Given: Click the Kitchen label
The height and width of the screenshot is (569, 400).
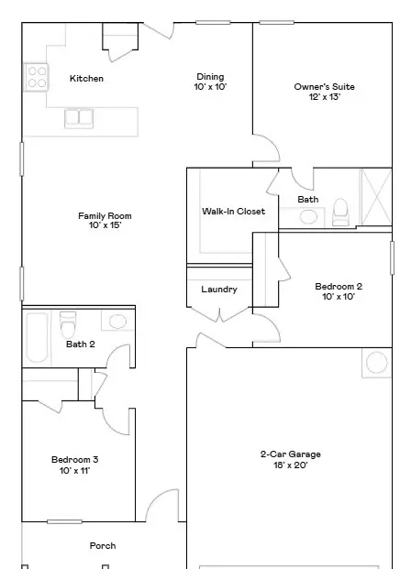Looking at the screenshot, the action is point(86,79).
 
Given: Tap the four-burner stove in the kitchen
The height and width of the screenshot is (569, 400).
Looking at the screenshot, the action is point(36,77).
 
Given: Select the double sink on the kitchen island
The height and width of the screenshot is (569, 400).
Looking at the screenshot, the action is point(79,119).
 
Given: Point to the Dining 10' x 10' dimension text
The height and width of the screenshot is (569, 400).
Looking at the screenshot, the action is point(210,87).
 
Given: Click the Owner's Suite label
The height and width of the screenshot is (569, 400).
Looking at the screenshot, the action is point(324,87).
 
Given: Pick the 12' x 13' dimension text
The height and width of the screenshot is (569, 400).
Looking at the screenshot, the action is point(325,97).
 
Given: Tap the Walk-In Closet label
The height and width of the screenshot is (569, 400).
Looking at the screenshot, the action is point(233,211).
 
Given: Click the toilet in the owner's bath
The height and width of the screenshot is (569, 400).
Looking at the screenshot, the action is point(340,213).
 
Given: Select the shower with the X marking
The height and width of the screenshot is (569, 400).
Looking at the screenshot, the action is point(375,197).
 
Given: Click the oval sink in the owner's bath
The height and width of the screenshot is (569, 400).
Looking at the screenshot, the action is point(308,217).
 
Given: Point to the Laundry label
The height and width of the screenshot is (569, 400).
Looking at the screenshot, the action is point(219,290).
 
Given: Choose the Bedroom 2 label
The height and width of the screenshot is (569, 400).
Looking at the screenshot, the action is point(339,286).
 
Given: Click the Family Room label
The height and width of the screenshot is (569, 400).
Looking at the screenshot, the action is point(105,216).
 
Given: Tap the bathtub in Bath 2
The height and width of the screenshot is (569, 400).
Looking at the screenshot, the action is point(38,338).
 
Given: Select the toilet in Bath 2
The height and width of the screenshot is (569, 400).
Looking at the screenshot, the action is point(68,324).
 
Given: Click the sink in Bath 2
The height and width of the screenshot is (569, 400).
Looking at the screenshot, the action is point(117,322).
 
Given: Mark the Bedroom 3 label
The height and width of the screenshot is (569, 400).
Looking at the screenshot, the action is point(74,460).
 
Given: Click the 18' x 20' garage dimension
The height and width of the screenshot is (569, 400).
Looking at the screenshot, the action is point(290,465).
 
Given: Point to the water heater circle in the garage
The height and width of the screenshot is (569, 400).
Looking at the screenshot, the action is point(377,362).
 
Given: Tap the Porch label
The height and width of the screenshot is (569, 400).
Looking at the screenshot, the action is point(103,546).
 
